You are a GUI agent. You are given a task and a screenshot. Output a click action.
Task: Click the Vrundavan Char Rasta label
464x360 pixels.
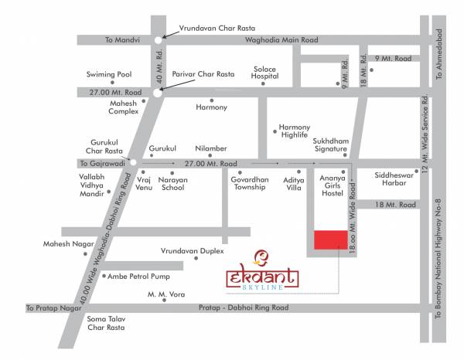point(214,26)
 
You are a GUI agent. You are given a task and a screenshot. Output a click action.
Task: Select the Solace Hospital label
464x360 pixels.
point(264,73)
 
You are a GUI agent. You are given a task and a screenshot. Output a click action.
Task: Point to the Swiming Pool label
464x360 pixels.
point(110,75)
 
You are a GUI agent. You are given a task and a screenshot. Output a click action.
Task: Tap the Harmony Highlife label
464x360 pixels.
point(294,131)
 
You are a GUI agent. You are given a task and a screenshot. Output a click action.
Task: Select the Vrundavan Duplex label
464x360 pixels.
point(192,251)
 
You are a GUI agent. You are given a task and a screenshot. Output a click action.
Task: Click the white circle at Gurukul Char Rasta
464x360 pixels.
point(133,163)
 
